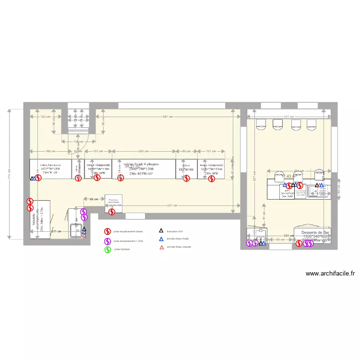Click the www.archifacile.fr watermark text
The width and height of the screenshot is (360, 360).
point(330,274)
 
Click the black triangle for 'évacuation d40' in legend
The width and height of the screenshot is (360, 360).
point(161,231)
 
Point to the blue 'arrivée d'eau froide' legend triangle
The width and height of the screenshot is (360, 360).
point(161,239)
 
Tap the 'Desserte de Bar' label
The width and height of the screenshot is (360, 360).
point(315,232)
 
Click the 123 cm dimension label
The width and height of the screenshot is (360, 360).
point(44,117)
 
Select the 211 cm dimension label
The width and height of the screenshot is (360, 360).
point(56,231)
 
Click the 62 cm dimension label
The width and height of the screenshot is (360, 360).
point(94,198)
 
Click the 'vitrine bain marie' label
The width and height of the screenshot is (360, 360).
point(50,164)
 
